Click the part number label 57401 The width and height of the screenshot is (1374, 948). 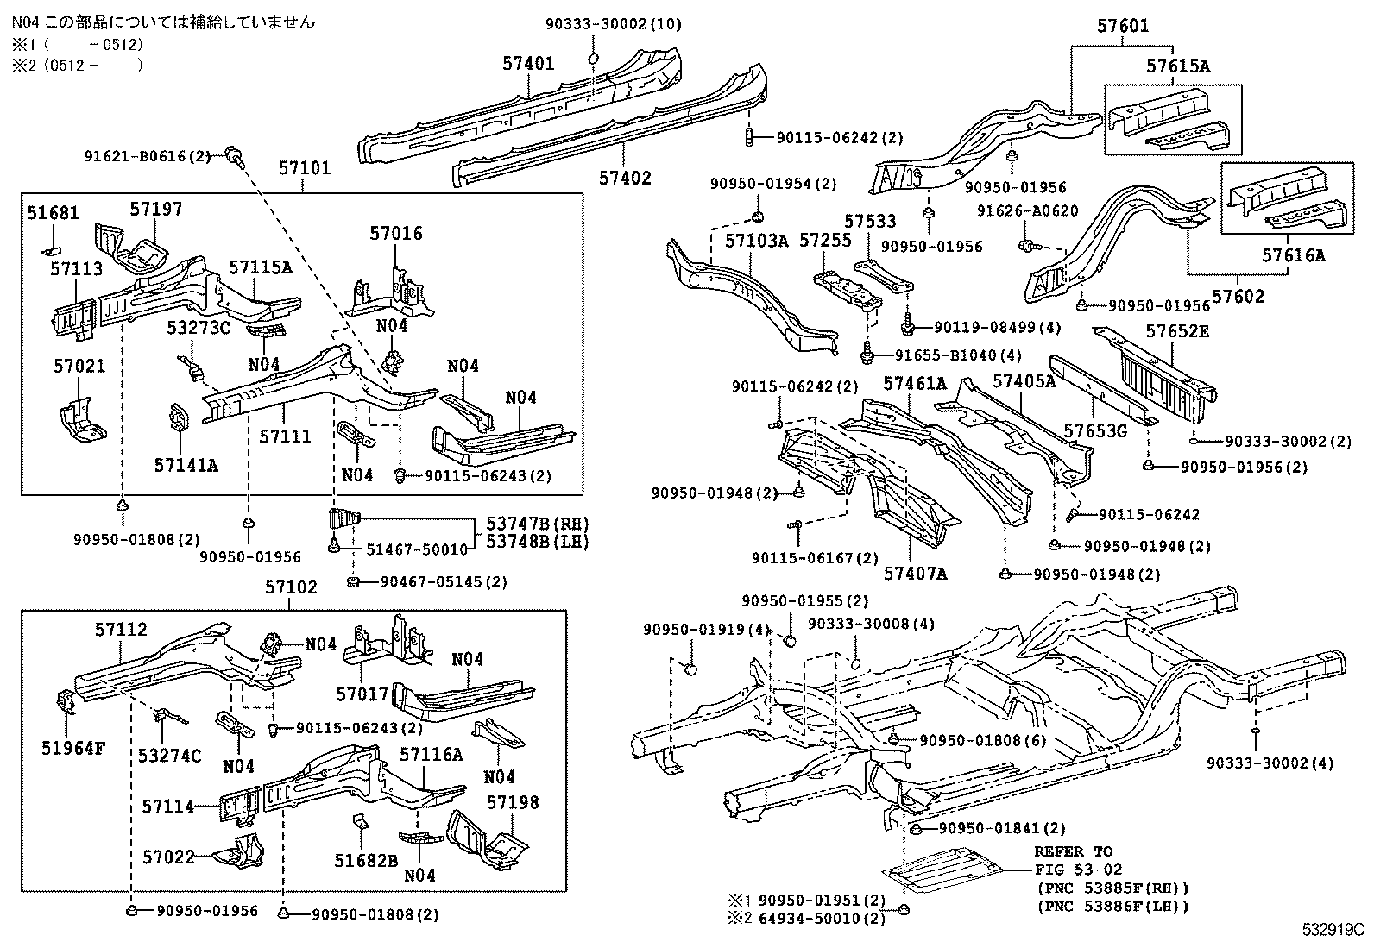(528, 63)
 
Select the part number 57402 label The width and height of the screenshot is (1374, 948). (626, 179)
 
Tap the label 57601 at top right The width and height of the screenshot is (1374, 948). (1123, 26)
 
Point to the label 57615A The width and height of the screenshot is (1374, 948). (1178, 66)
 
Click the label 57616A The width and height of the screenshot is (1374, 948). (1293, 255)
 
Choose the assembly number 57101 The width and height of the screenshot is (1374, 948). (304, 167)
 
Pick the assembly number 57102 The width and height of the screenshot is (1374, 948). (291, 587)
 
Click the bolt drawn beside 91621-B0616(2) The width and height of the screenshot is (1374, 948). (234, 155)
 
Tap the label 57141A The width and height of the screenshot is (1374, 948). (186, 466)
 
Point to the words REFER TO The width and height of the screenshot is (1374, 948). (1073, 851)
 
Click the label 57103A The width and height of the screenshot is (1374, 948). (756, 242)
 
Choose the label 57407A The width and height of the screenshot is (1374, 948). (915, 573)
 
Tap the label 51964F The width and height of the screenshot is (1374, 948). (73, 748)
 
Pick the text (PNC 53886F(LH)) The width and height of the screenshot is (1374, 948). (1112, 907)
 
